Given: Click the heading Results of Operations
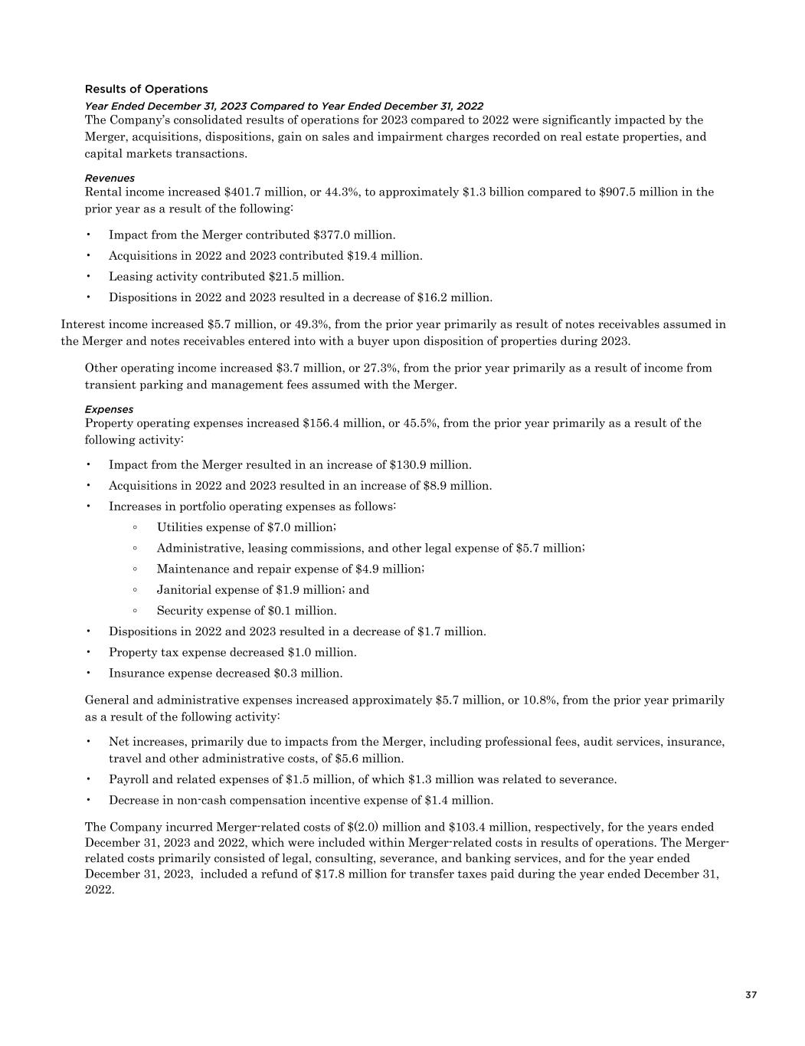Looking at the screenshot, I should (x=146, y=89).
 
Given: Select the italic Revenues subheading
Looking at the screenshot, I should (x=110, y=178).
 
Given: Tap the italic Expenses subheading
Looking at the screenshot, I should (x=109, y=409).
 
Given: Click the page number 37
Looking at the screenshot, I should (x=751, y=995).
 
